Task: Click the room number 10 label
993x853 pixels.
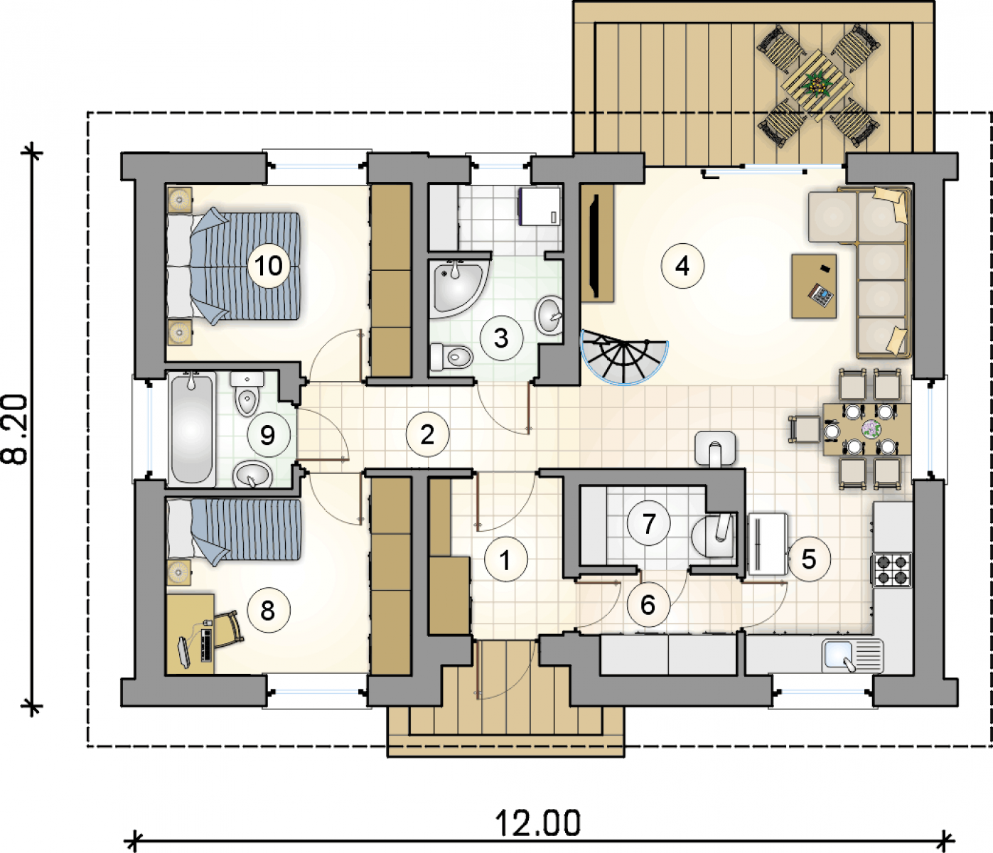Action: [269, 266]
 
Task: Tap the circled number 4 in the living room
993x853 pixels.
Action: [682, 266]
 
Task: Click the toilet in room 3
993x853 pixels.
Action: [451, 357]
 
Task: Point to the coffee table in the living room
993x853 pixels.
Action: [815, 286]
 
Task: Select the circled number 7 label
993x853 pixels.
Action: [648, 523]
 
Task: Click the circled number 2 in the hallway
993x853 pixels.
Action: [428, 434]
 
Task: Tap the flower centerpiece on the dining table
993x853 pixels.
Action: [871, 428]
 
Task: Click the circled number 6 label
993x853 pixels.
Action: [648, 604]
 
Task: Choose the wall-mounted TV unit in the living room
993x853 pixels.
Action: [597, 243]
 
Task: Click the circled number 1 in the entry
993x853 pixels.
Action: [505, 560]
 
